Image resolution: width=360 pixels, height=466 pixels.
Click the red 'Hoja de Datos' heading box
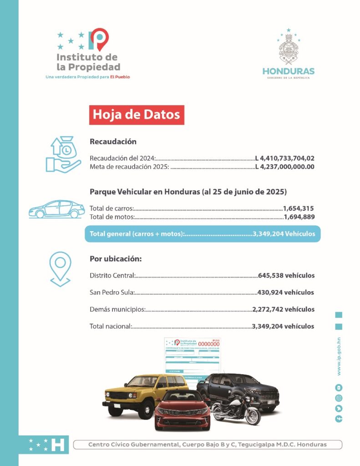point(136,115)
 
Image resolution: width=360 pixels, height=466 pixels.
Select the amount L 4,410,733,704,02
point(285,158)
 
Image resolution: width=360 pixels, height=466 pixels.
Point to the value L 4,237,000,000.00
point(285,167)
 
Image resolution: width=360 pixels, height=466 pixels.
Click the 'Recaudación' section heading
point(113,142)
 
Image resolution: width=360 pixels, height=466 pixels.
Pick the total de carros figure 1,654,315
point(299,208)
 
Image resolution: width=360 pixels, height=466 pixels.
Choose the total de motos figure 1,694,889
point(299,217)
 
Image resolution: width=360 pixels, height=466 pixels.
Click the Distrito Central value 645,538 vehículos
point(286,275)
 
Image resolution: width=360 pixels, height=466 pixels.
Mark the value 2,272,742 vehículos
point(283,309)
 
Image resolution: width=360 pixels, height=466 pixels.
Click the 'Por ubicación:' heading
point(116,259)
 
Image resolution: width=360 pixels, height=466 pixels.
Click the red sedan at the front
point(182,410)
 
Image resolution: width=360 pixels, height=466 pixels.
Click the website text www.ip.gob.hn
point(339,356)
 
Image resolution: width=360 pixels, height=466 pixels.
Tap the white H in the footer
point(58,445)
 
